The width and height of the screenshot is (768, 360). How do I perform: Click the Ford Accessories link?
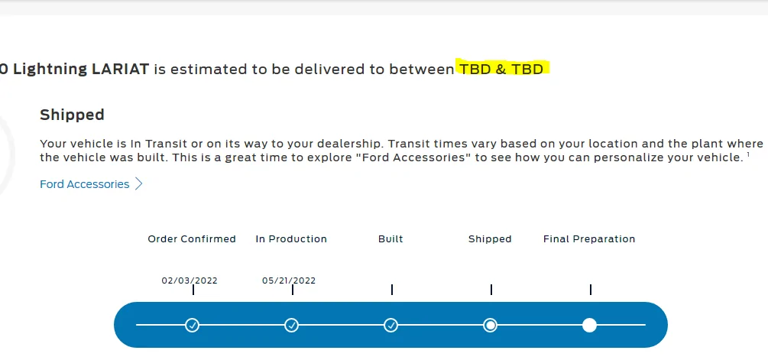84,184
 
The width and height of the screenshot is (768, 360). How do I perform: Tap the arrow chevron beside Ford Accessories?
138,183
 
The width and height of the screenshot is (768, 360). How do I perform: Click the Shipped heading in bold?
72,115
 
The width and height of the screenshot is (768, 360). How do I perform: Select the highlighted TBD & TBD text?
501,69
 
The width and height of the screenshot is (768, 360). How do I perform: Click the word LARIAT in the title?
121,69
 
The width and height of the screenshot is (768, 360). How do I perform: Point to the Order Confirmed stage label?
192,239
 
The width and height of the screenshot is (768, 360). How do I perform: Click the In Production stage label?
291,239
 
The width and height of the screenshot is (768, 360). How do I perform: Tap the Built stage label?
390,239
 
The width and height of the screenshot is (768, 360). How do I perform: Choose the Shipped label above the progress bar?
490,239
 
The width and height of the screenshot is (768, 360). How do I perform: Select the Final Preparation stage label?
589,239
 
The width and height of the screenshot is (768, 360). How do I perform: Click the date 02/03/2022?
190,281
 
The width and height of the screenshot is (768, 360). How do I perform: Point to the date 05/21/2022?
289,281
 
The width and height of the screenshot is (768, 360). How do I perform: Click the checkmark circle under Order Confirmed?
192,326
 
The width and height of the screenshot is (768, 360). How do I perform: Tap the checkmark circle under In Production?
291,326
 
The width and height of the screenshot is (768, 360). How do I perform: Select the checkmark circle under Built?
390,326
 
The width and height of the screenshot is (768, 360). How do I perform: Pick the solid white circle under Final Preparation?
590,326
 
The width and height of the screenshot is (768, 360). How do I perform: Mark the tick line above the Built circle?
392,290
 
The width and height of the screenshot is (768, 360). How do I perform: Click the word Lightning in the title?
50,69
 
